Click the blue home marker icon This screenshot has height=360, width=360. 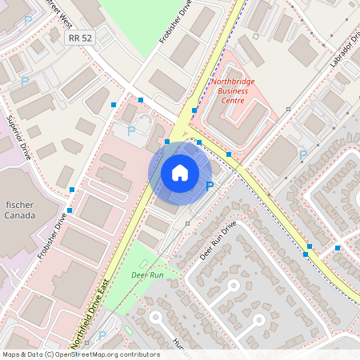180,172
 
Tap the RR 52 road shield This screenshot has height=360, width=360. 81,38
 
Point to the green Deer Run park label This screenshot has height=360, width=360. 147,274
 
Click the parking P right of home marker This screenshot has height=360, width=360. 210,186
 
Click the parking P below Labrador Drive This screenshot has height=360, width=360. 302,154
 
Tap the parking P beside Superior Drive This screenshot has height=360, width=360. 25,82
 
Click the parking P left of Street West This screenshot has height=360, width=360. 29,20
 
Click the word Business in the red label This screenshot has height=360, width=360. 233,91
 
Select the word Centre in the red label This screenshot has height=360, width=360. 233,101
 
